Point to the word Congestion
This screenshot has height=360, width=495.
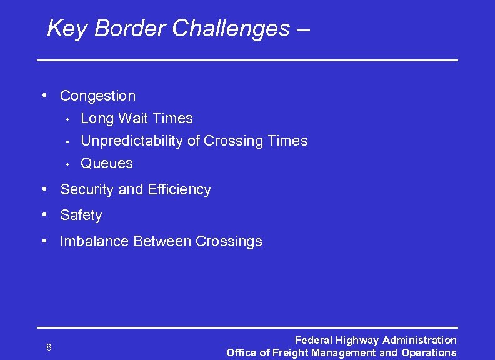pos(97,96)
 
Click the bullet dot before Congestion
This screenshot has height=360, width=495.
pos(45,96)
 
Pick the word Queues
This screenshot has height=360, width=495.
pos(107,163)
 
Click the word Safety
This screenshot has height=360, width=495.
pos(81,216)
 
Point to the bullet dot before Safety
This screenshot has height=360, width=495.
pos(45,215)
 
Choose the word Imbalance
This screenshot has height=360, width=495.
pos(94,241)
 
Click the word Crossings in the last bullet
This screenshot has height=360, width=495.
pos(229,241)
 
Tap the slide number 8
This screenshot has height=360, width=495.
pos(49,347)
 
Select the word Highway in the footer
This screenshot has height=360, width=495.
pos(357,341)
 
